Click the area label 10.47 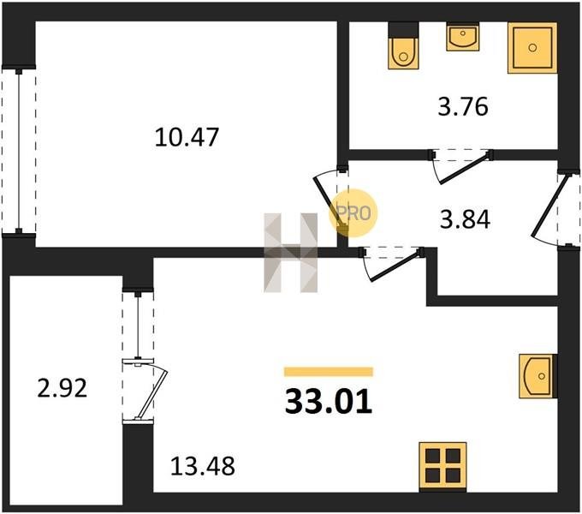[x=187, y=137]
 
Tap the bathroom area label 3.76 [x=463, y=106]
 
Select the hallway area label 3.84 [x=465, y=219]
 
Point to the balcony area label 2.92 [x=62, y=388]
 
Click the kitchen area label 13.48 [x=203, y=466]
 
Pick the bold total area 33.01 [x=329, y=402]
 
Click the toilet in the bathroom [x=403, y=46]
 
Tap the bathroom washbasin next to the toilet [x=463, y=36]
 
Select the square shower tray [x=532, y=47]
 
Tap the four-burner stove [x=442, y=465]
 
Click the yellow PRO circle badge [x=353, y=212]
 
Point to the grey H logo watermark [x=291, y=253]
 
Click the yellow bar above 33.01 [x=329, y=372]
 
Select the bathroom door [x=461, y=166]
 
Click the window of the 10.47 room [x=19, y=151]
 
